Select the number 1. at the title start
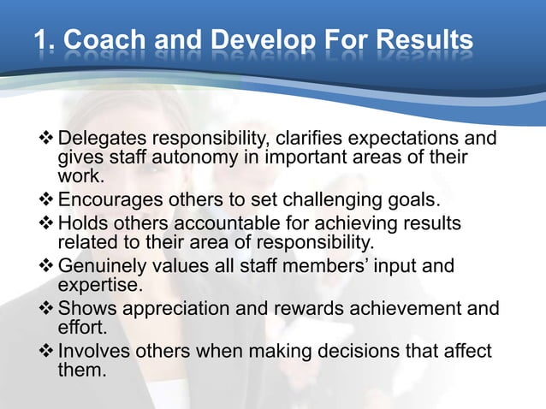(x=45, y=40)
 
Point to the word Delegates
(x=102, y=139)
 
